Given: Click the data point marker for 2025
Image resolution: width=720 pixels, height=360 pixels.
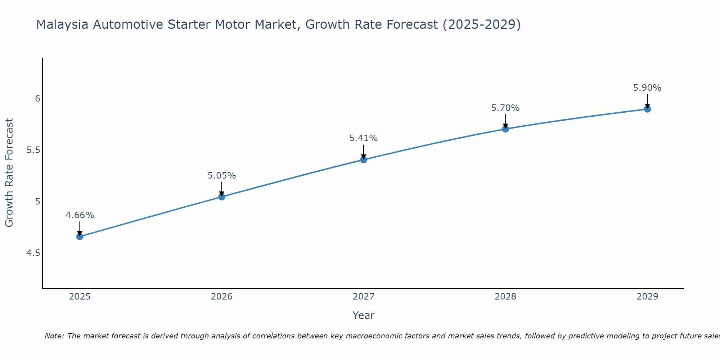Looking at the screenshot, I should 80,237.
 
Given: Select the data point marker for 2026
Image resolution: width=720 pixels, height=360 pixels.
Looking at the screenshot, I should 221,197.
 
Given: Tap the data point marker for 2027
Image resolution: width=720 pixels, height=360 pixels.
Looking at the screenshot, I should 364,159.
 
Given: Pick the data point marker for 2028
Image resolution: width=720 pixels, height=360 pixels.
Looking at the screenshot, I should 505,129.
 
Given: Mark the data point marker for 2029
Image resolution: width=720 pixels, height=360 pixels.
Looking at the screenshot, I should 647,109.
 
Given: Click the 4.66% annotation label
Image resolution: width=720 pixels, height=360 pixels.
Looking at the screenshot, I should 80,215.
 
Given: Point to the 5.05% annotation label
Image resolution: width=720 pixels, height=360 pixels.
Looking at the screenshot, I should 221,176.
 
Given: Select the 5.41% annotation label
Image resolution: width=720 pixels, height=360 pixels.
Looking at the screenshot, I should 364,138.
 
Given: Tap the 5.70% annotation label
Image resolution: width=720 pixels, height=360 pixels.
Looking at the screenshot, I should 505,108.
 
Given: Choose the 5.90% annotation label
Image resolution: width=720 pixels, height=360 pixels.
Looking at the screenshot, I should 647,88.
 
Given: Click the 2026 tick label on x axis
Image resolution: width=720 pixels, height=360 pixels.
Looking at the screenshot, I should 221,297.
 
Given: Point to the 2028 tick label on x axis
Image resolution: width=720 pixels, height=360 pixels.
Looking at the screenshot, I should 505,297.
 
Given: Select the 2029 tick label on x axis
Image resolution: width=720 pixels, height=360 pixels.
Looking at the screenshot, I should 647,297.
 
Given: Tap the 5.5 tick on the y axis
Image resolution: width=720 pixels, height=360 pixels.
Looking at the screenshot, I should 33,150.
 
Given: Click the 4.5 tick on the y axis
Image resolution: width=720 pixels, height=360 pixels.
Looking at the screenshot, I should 33,253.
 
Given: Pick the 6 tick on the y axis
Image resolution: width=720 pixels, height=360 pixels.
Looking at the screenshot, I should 37,99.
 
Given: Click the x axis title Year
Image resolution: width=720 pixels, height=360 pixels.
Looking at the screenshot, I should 364,315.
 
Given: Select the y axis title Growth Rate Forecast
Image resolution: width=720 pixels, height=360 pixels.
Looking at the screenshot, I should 9,172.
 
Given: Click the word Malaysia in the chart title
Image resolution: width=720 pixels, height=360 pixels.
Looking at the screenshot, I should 62,24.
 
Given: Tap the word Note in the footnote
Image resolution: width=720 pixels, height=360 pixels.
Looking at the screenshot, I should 54,336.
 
